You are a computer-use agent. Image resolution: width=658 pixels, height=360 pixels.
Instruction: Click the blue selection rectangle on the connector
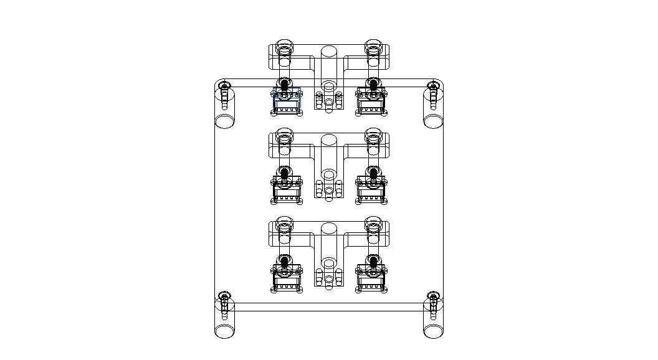coord(287,95)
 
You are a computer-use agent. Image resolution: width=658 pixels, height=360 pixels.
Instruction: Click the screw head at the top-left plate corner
coord(225,84)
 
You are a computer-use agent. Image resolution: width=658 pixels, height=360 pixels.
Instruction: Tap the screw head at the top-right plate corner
coord(432,84)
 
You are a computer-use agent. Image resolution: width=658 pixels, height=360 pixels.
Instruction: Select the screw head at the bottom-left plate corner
coord(225,295)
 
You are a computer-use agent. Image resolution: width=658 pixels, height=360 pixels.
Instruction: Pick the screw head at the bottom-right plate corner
coord(432,295)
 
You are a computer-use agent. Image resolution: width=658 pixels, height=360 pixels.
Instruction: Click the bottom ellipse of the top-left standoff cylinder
coord(224,120)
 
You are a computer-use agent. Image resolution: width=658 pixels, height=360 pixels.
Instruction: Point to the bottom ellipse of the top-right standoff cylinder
coord(433,120)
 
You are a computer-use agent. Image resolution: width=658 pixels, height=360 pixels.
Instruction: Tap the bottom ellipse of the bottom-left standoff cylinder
coord(224,331)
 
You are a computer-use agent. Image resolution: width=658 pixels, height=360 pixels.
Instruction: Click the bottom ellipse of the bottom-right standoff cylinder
coord(433,331)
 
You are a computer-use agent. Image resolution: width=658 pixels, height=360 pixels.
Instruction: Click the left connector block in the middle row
coord(287,189)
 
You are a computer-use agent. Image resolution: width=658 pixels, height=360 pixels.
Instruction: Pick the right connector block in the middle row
coord(371,189)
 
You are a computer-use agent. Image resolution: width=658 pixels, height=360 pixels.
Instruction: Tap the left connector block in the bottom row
coord(287,278)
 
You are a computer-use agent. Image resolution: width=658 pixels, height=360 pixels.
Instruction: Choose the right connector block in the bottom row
coord(371,278)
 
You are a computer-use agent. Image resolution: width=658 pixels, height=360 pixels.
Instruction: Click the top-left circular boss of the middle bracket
coord(284,135)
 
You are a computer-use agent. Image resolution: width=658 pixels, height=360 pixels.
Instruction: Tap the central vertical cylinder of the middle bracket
coord(328,156)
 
